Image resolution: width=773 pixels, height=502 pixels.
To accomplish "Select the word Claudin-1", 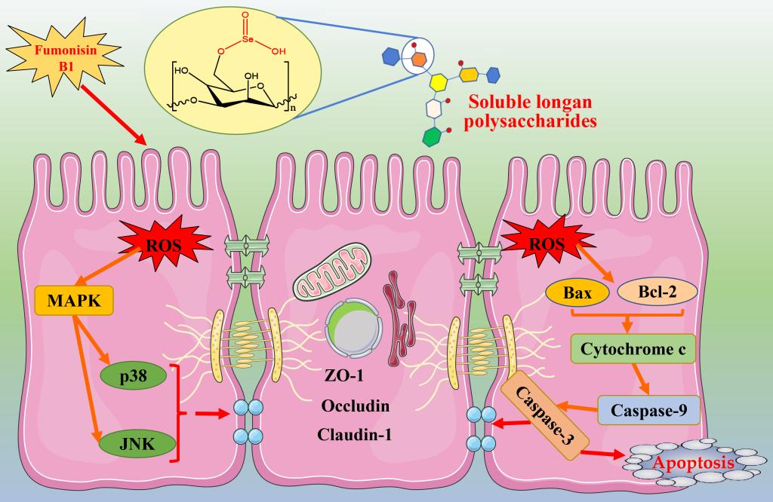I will tap(355, 434).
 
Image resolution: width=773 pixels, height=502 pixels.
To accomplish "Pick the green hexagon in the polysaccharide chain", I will tap(433, 138).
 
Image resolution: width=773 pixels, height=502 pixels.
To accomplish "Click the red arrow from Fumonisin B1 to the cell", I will tap(112, 114).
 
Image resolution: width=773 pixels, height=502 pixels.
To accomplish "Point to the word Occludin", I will tap(355, 406).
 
